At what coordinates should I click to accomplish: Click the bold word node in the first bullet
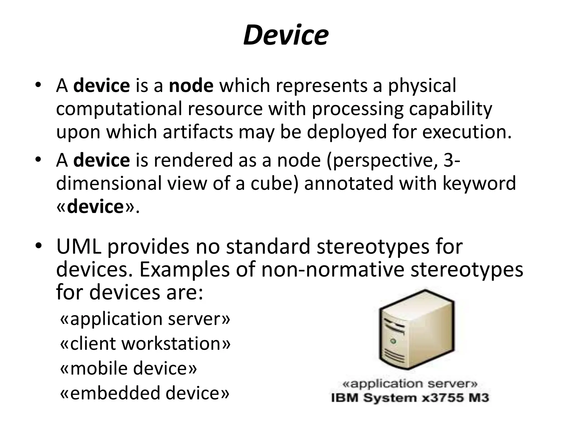pos(191,85)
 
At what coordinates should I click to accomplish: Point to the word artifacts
pos(198,132)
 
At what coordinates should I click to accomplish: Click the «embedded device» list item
pos(145,393)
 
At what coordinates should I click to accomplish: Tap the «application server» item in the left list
pos(145,319)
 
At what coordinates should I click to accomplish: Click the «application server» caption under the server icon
pos(410,384)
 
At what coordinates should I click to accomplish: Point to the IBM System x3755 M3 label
pos(410,398)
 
